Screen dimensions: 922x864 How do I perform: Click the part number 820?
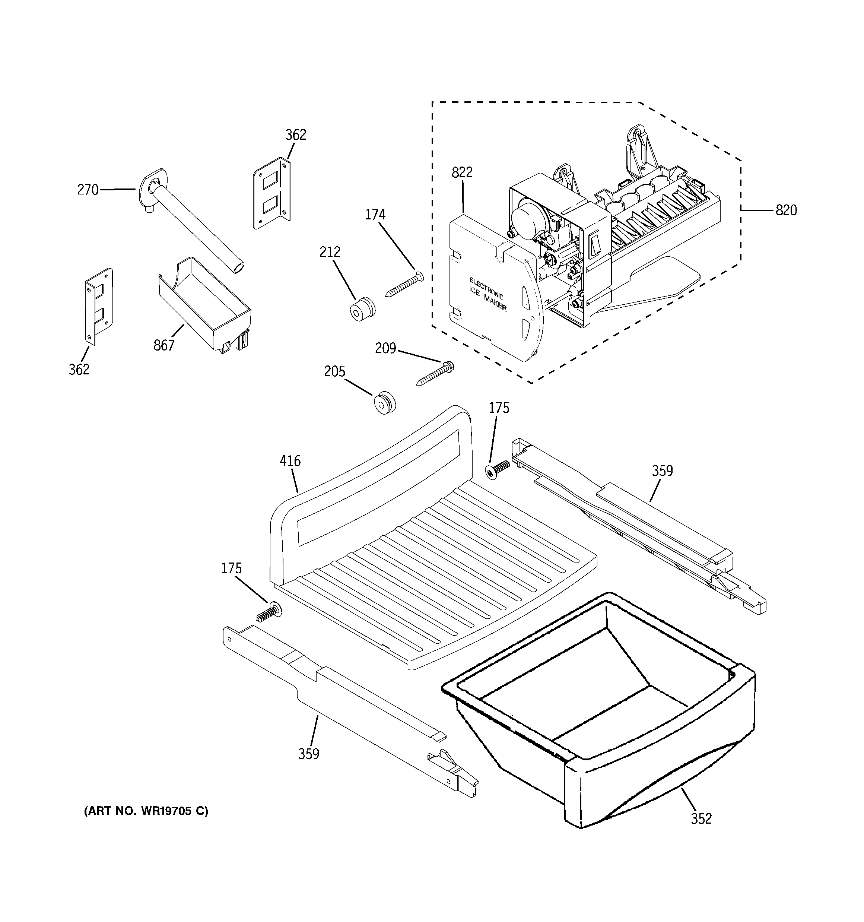[786, 210]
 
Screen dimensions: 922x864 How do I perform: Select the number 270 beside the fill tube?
[88, 190]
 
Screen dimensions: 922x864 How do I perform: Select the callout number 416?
[290, 461]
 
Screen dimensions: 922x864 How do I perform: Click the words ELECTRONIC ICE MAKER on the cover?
[487, 294]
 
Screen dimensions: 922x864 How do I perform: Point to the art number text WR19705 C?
[146, 811]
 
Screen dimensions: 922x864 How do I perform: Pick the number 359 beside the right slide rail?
[662, 471]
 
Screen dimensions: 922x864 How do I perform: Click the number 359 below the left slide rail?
[308, 754]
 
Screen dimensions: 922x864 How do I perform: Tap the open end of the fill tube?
[238, 268]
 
